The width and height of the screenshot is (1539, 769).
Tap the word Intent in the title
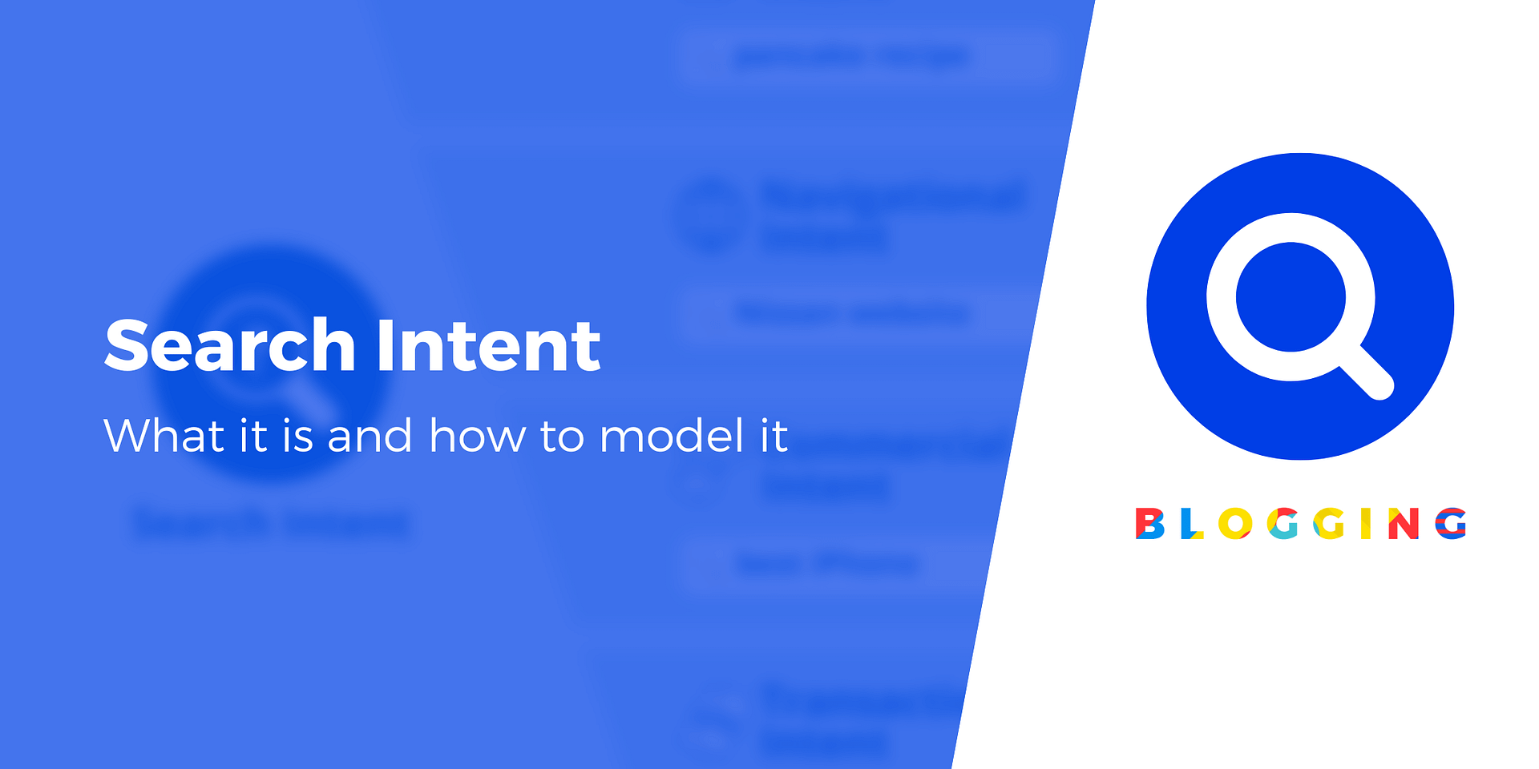[x=488, y=345]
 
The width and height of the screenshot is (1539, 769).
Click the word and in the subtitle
[x=370, y=436]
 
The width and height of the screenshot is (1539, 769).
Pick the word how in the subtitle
[x=477, y=436]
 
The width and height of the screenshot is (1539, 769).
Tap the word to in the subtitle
[x=562, y=436]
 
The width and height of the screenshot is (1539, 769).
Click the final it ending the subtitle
[x=774, y=436]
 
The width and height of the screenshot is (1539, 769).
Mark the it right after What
[x=252, y=436]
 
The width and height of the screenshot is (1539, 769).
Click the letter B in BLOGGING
[x=1149, y=524]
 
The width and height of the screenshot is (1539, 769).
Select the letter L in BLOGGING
[x=1192, y=524]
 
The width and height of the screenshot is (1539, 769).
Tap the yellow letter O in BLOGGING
[x=1235, y=524]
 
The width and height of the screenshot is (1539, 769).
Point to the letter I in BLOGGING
[x=1365, y=524]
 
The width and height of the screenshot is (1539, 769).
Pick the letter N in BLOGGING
[x=1404, y=524]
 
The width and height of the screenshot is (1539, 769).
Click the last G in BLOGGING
[x=1451, y=524]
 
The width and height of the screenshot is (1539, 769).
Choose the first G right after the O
[x=1282, y=524]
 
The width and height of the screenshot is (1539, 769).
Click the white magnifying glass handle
[x=1367, y=373]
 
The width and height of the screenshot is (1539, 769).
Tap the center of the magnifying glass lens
[x=1291, y=296]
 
